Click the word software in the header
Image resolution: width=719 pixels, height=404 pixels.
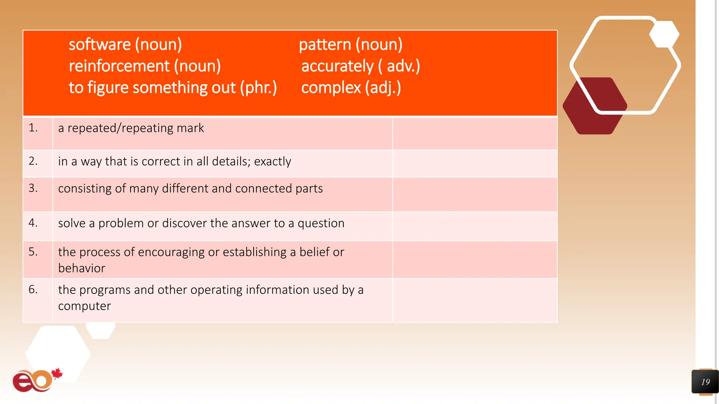(x=100, y=45)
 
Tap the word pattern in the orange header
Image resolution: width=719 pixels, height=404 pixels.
(x=325, y=45)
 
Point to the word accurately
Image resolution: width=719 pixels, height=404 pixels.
(x=337, y=66)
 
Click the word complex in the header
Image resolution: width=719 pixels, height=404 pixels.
(x=331, y=88)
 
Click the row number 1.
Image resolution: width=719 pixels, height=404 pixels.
(x=33, y=128)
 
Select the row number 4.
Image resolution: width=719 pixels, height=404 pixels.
(x=33, y=223)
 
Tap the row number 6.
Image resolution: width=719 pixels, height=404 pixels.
(x=33, y=289)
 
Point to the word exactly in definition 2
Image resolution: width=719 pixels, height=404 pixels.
(x=272, y=161)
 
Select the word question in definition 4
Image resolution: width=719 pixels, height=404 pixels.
(x=321, y=223)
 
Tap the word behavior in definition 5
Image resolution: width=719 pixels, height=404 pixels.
(x=81, y=268)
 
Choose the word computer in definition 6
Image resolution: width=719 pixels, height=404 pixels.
(x=84, y=306)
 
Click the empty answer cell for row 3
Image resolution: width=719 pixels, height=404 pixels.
(x=475, y=194)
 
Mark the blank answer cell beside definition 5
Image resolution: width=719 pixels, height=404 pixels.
(x=475, y=260)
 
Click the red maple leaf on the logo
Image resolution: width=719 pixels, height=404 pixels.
(x=57, y=374)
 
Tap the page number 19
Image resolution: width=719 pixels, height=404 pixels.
(x=705, y=382)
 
